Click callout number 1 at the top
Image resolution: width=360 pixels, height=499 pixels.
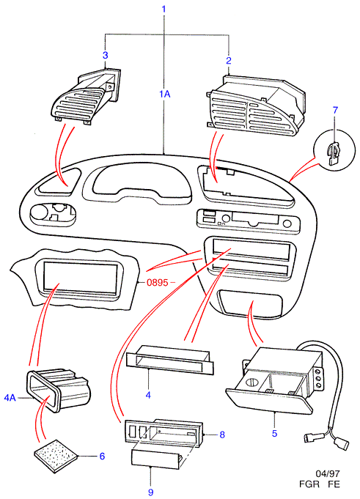pos(164,9)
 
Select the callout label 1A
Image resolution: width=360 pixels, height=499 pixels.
pos(165,95)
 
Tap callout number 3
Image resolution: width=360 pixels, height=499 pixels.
pos(106,55)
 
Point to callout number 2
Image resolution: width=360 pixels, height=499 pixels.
pos(229,61)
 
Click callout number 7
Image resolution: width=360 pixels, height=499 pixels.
pos(336,111)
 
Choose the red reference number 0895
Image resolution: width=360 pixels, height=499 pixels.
pos(157,282)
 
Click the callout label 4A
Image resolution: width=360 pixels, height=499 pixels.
pos(10,398)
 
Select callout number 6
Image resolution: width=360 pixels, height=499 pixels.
pos(102,456)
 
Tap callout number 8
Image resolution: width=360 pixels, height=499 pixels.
pos(222,435)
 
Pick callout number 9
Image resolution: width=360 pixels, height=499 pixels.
pos(150,492)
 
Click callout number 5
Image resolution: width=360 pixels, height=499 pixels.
pos(274,433)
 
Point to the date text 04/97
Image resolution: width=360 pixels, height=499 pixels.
pos(327,474)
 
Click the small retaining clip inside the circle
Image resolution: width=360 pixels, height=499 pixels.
pos(334,153)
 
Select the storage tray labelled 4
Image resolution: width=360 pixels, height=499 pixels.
pos(170,360)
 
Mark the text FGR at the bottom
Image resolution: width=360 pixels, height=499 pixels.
pos(309,484)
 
